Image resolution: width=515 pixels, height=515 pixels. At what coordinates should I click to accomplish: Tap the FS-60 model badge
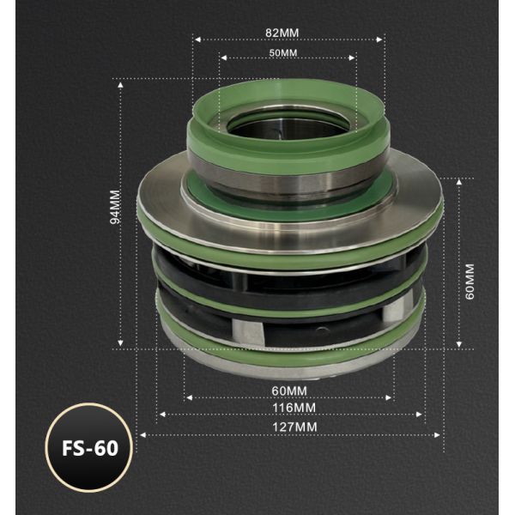[88, 447]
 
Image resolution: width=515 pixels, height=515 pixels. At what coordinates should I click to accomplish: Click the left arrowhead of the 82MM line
[195, 39]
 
